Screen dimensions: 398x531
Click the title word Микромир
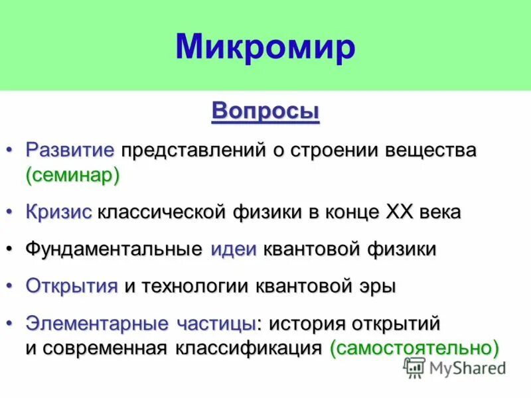pos(265,46)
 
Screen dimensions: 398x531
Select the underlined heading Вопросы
pos(265,111)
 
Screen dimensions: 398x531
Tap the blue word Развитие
pos(70,149)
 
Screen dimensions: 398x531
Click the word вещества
pos(432,149)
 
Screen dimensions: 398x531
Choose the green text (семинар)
pos(73,175)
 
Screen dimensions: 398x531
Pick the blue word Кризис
pos(59,212)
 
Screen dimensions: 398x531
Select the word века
pos(440,212)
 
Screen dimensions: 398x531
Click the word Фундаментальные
pos(114,249)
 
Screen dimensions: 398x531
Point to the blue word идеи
pos(234,249)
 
